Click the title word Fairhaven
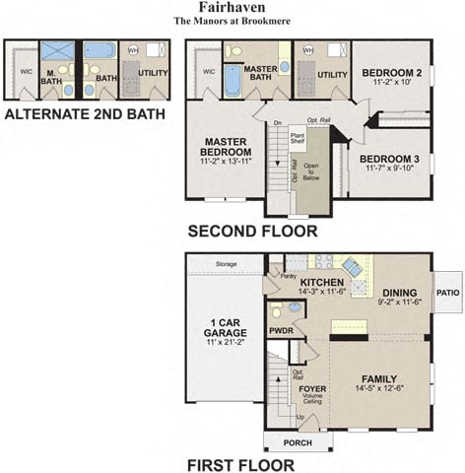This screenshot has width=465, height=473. (232, 7)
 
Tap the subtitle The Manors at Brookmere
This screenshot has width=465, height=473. (232, 21)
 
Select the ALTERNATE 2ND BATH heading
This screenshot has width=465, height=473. (85, 114)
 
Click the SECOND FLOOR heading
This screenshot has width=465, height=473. (253, 232)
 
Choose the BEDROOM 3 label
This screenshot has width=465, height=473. (389, 160)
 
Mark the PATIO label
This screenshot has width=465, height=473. (448, 292)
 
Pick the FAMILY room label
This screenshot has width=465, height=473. (378, 378)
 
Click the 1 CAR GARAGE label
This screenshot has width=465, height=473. (225, 328)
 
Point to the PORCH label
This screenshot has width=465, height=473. (298, 442)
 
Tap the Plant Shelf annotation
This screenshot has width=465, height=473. (297, 139)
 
